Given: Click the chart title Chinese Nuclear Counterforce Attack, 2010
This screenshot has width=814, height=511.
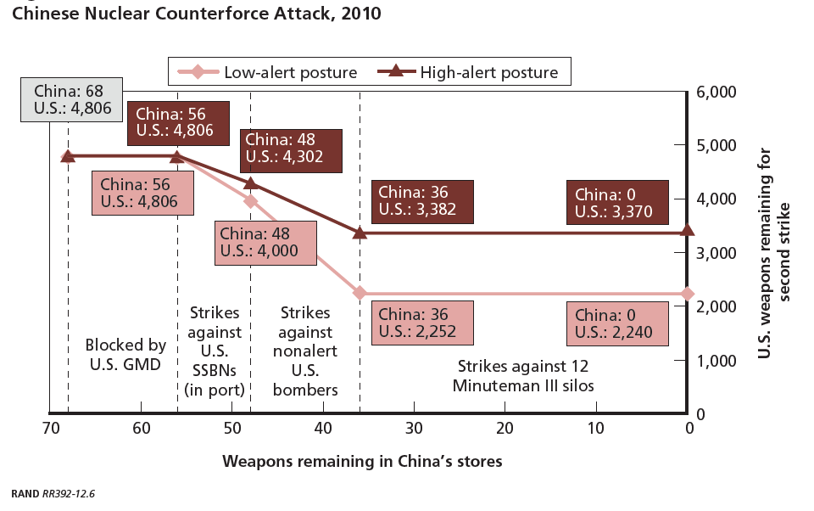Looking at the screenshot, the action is pos(196,14).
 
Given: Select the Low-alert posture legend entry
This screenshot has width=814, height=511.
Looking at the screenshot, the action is pos(267,72).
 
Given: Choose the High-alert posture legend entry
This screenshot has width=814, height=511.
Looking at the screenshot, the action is pos(468,72).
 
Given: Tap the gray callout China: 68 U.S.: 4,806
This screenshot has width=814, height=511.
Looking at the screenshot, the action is pos(71,100).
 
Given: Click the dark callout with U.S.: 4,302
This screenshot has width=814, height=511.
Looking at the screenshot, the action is pos(291,151).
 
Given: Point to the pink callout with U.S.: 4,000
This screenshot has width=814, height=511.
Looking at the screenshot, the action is pos(265,244).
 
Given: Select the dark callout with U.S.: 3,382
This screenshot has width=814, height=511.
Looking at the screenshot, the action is pos(422,202).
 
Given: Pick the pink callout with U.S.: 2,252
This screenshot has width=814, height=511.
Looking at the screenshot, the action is pos(422,323).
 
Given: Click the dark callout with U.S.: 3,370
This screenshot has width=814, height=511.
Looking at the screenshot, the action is pos(617,203).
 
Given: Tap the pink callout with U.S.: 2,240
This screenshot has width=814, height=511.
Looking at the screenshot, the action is pos(617,324).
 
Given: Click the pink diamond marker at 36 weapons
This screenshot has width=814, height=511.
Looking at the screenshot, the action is pos(360,294).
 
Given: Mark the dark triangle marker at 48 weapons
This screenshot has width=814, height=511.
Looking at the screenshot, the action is pos(251,183).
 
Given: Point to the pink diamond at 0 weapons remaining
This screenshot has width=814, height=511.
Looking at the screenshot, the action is pos(688,295).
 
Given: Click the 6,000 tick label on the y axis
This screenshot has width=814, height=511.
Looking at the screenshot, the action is pos(716,92).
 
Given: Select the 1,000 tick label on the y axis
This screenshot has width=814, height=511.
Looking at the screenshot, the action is pos(716,361).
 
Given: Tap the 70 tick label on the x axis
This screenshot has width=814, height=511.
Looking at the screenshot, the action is pos(50,429).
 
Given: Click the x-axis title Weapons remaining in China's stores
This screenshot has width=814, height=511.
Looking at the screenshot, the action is pos(362,462).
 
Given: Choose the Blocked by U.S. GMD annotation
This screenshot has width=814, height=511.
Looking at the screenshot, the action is pos(125,355).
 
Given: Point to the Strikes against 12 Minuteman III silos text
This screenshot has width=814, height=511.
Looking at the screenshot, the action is pos(523,376).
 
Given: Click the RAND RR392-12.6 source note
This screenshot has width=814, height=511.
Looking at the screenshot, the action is pos(53,494).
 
